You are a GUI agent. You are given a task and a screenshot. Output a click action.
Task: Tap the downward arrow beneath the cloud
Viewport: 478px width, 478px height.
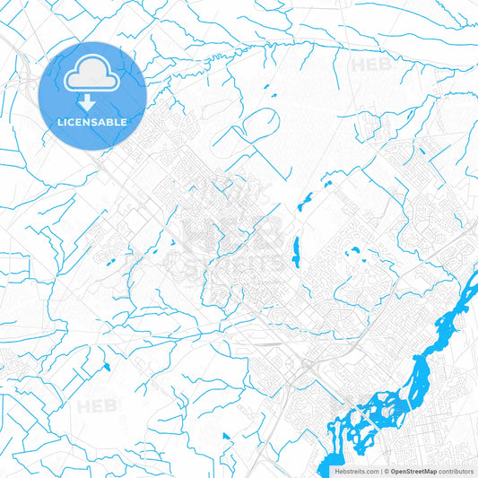92,102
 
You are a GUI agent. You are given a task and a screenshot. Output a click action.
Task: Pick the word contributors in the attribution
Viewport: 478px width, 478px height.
456,471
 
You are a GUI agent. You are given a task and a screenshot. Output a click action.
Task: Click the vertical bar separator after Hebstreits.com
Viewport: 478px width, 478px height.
379,471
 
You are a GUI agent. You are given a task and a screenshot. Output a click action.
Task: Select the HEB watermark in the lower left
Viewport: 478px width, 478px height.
97,406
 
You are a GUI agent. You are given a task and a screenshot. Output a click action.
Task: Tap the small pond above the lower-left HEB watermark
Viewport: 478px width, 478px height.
106,367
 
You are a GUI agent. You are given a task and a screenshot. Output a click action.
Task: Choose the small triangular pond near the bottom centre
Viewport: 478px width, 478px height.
226,437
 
